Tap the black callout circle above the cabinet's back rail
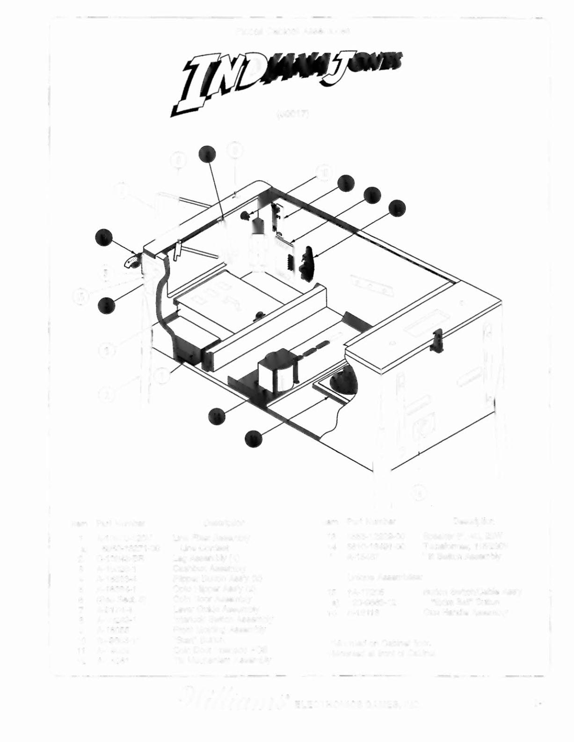point(207,154)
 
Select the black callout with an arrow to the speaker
point(253,438)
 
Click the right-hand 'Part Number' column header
point(372,521)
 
